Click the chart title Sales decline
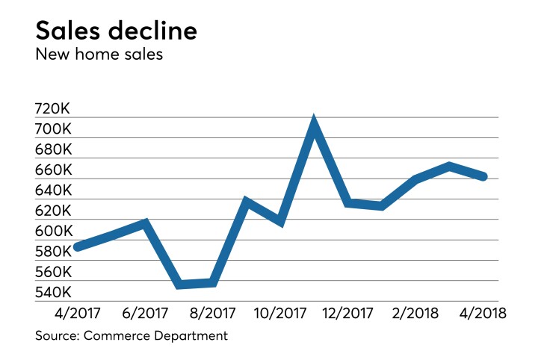[117, 32]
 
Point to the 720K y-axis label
[53, 109]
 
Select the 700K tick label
[53, 129]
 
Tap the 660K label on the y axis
[53, 170]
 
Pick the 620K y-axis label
[53, 211]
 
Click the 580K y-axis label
[53, 252]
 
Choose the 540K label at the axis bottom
[53, 293]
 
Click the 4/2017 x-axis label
[77, 313]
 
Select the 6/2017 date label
[145, 313]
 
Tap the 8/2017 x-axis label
[213, 313]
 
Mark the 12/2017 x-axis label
[348, 313]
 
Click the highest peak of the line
[314, 124]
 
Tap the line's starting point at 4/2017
[77, 246]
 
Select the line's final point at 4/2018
[484, 177]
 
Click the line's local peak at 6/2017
[145, 223]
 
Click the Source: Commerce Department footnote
[132, 336]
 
